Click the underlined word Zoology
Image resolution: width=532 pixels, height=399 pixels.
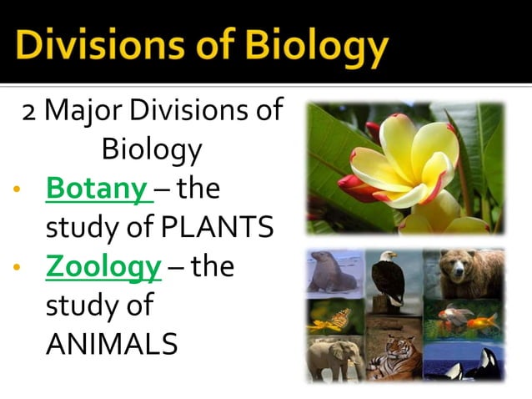pyautogui.click(x=103, y=267)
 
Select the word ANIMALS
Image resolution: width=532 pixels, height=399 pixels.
pyautogui.click(x=112, y=343)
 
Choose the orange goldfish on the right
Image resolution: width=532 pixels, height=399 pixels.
pyautogui.click(x=486, y=321)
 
